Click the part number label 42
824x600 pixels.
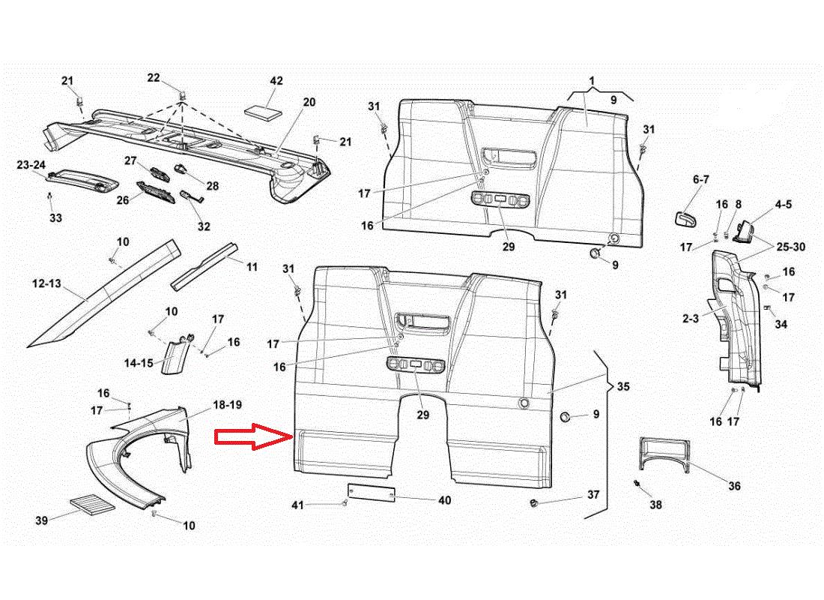[x=276, y=81]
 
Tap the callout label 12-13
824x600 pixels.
[x=47, y=284]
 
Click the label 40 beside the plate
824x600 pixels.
[x=444, y=500]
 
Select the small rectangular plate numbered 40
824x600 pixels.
[x=372, y=493]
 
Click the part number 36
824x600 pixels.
[x=734, y=486]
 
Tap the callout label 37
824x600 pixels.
[x=593, y=495]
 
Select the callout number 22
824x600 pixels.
[x=154, y=78]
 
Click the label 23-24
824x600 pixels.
[x=31, y=165]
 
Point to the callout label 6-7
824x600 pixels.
[x=700, y=179]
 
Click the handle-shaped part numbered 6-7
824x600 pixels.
[x=685, y=218]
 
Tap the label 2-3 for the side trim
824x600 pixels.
[x=690, y=318]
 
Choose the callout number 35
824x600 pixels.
[x=623, y=388]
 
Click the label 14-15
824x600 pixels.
[x=139, y=363]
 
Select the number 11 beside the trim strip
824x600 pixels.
[x=252, y=266]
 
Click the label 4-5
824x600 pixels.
[x=784, y=203]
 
